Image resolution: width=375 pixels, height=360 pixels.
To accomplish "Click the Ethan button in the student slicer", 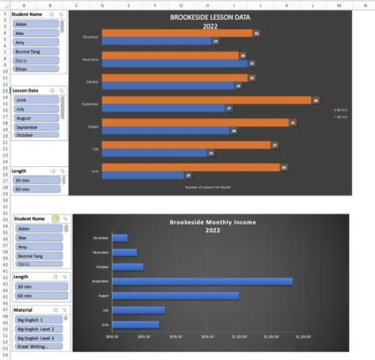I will (35, 69).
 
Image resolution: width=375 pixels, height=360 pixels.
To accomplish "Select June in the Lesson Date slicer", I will (35, 100).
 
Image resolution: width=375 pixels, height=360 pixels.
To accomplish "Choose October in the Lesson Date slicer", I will (35, 135).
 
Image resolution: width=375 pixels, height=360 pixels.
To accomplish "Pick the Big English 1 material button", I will (36, 320).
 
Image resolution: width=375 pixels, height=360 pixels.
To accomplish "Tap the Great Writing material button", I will (36, 346).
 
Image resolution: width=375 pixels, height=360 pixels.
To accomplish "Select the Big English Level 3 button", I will (36, 337).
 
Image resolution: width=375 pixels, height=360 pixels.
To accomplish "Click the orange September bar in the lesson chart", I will (206, 100).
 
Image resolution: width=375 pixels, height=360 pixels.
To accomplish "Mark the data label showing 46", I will (316, 100).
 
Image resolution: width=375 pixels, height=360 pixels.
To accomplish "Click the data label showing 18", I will (187, 175).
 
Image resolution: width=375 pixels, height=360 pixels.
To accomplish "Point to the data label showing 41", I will (293, 123).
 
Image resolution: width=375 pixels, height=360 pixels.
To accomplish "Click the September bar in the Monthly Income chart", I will (202, 281).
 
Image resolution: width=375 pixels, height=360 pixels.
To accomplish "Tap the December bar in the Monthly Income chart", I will (119, 238).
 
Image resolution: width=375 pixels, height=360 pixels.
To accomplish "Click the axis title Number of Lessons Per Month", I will (206, 188).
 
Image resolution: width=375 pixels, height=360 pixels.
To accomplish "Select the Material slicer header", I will (24, 310).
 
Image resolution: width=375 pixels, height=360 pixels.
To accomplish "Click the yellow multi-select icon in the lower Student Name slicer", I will (55, 218).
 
